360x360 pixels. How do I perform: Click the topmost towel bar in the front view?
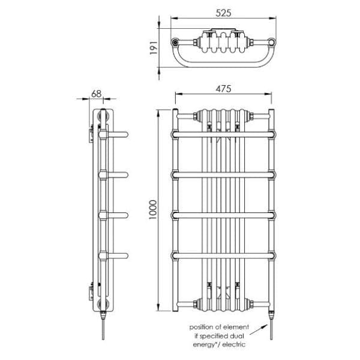(x=223, y=134)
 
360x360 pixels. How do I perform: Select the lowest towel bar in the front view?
(x=223, y=257)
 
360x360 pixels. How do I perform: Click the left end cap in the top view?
(x=175, y=43)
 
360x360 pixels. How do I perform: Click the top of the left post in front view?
(x=175, y=112)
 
